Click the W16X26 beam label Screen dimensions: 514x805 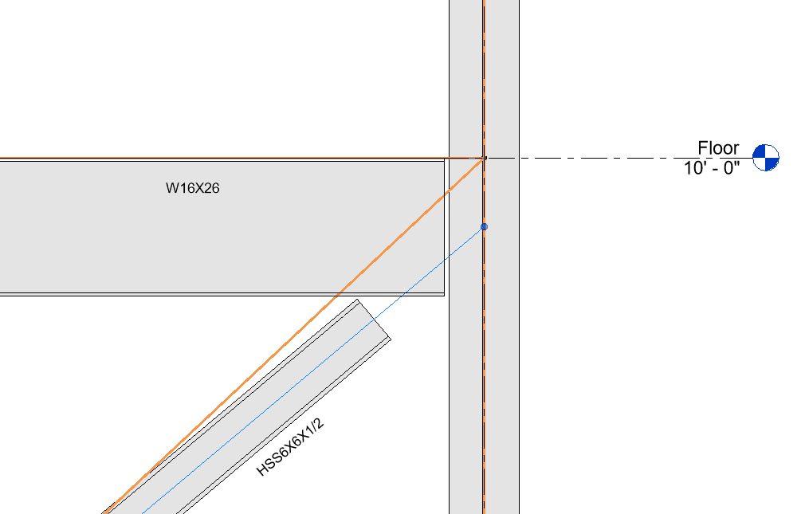click(x=192, y=189)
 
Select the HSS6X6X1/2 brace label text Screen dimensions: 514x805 click(x=290, y=446)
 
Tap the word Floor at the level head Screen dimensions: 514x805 click(x=718, y=148)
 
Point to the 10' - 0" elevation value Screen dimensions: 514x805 click(x=712, y=167)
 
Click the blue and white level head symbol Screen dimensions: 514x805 click(x=765, y=158)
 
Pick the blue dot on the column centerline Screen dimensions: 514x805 click(x=484, y=227)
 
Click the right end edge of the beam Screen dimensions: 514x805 click(x=445, y=239)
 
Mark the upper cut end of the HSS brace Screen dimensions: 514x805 click(x=373, y=320)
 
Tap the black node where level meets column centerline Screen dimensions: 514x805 click(x=484, y=158)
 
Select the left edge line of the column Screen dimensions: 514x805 click(x=450, y=398)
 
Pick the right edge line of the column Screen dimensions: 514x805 click(x=519, y=359)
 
